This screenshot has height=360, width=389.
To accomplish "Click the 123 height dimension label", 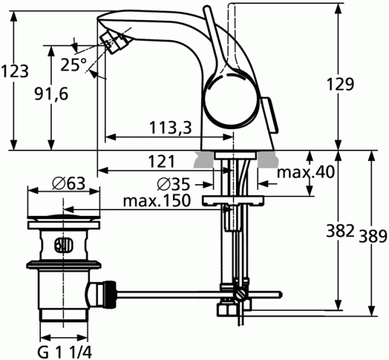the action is coord(15,72).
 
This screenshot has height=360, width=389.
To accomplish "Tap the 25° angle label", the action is coord(74,65).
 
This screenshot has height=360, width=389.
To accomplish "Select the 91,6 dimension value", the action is coord(51,94).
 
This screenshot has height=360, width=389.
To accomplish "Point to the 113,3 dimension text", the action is coord(171,128).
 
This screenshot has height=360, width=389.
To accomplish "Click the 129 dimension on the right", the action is coord(340,84).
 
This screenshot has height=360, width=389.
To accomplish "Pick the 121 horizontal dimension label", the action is coord(161,162).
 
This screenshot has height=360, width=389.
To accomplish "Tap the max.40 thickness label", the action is coord(305,172).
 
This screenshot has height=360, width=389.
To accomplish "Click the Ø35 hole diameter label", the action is coord(173,184).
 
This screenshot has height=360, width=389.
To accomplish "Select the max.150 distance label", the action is coord(157,200).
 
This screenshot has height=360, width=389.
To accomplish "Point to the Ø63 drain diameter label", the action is coord(69,184).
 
